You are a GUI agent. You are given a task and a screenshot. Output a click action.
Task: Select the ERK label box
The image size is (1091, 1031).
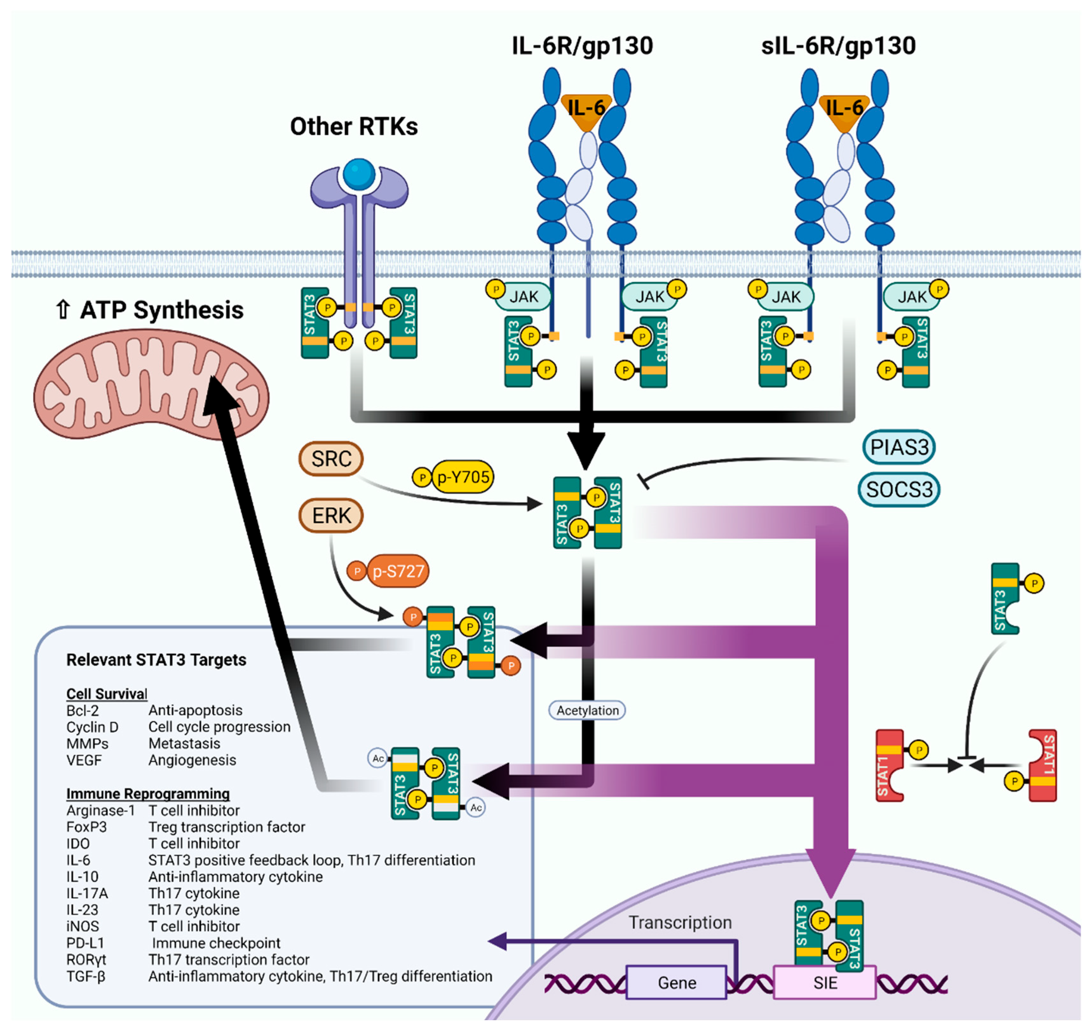(331, 515)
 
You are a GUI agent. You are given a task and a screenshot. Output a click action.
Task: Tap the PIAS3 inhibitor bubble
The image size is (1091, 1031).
(899, 447)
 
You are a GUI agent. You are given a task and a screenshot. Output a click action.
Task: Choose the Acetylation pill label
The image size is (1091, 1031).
(587, 710)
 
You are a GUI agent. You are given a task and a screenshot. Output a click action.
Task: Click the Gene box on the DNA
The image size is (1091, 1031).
(677, 982)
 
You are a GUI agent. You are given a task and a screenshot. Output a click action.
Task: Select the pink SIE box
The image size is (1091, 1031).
(824, 982)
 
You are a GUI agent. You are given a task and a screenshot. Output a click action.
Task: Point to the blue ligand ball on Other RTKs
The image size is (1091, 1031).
(359, 174)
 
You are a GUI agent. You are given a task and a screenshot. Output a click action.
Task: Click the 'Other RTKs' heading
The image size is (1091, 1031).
(354, 126)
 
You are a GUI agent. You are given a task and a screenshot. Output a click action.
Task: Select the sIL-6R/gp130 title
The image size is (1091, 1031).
(838, 46)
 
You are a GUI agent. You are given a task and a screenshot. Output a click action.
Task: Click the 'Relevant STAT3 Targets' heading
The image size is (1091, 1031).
(156, 659)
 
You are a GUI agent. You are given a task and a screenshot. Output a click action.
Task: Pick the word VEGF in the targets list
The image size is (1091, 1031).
(84, 760)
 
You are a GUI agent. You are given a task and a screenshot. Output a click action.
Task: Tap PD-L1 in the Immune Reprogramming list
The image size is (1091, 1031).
(85, 943)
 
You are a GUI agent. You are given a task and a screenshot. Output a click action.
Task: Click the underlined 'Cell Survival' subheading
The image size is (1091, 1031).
(107, 694)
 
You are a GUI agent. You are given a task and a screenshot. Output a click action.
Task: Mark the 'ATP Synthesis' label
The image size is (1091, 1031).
(162, 310)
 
